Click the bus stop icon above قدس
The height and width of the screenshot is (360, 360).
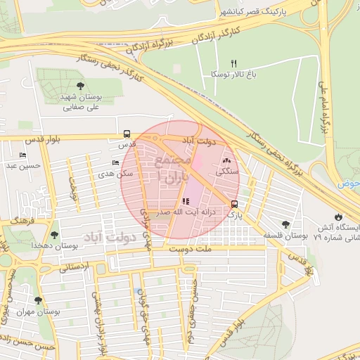[x=127, y=133]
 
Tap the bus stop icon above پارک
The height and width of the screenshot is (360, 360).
[x=233, y=205]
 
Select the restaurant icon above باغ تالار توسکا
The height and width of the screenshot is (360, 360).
[x=234, y=63]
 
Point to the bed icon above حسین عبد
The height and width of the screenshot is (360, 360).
[x=23, y=155]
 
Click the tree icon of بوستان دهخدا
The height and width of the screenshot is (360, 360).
[x=54, y=235]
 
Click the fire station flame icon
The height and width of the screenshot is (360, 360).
[x=339, y=216]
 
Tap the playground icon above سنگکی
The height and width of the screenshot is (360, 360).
[x=226, y=161]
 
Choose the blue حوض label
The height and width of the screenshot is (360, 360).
[x=352, y=184]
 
